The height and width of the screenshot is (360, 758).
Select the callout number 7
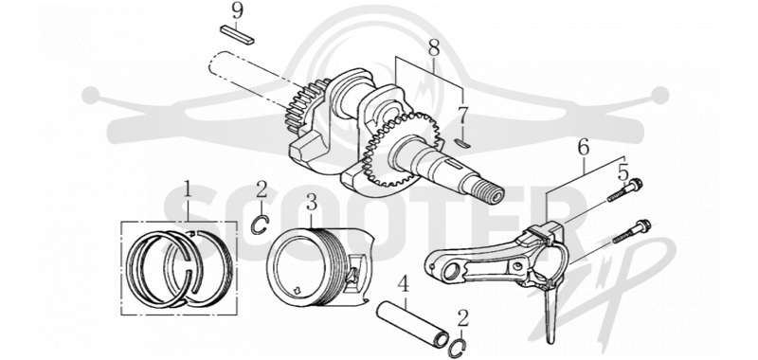462,117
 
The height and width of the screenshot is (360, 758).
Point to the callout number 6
584,148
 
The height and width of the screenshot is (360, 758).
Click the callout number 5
623,172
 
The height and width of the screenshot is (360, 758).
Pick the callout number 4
404,285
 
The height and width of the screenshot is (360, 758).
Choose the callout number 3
312,203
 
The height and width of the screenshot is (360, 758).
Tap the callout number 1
187,190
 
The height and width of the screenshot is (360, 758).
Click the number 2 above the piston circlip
262,190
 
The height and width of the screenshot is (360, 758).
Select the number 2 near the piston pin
463,319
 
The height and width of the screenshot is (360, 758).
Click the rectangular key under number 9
237,36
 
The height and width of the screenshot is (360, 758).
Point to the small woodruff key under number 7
463,142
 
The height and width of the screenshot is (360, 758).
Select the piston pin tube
413,324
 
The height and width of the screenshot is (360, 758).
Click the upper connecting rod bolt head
635,185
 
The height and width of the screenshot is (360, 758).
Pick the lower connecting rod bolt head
644,225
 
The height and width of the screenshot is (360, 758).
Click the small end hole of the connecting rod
449,272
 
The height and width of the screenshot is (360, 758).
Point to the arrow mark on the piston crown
298,290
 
